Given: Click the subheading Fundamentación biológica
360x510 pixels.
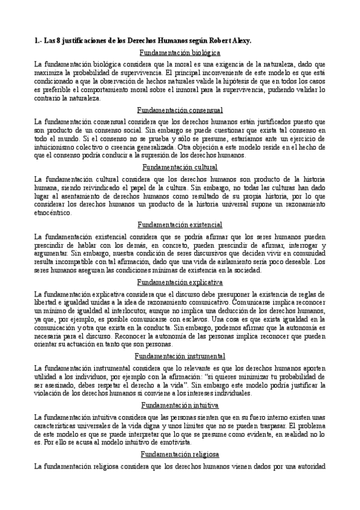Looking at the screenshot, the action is [180, 53].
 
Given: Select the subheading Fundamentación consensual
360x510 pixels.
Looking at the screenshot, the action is [180, 110].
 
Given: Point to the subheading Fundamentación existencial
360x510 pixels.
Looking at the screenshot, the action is [180, 224].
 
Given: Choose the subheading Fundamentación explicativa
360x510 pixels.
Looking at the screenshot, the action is [180, 281].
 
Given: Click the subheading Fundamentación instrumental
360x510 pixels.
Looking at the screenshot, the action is [180, 356].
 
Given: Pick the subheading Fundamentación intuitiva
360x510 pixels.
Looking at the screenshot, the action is [180, 404].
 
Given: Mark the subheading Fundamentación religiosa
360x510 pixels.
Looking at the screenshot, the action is [180, 454].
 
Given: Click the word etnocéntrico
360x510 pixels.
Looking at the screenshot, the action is [53, 212].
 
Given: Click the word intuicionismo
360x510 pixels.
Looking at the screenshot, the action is [54, 146].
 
